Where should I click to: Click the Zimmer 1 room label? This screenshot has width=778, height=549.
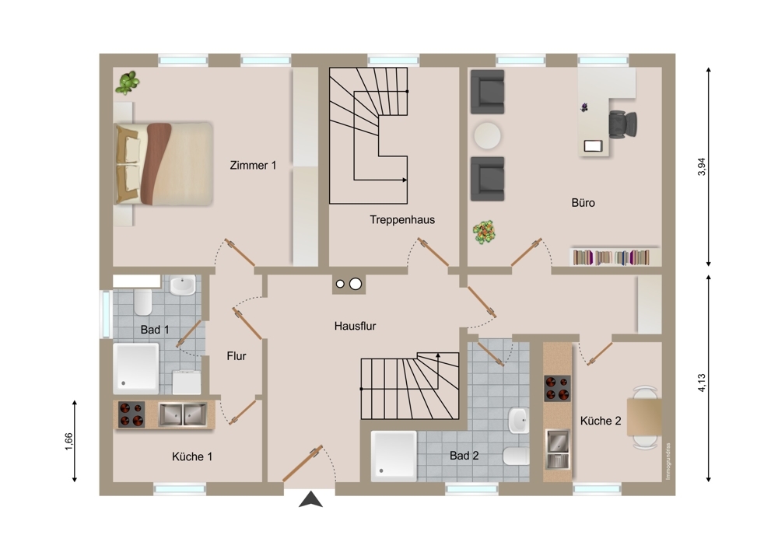[x=253, y=165]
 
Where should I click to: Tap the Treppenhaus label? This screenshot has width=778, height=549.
[x=402, y=220]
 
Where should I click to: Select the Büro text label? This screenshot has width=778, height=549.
[x=583, y=202]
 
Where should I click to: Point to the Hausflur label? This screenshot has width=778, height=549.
[x=355, y=326]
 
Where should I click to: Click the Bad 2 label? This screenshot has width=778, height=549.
[x=464, y=455]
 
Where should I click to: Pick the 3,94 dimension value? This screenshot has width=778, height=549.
[x=701, y=166]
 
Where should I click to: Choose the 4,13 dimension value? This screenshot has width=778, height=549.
[x=701, y=383]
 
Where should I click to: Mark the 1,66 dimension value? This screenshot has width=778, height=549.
[x=68, y=442]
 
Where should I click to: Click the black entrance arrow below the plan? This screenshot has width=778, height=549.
[x=310, y=499]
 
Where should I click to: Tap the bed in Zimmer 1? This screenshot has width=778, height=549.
[x=163, y=163]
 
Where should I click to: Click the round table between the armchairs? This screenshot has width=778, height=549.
[x=487, y=135]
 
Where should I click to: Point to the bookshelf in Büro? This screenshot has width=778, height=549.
[x=615, y=257]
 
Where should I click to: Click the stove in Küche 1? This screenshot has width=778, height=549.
[x=131, y=414]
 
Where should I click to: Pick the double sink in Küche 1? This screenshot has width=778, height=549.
[x=182, y=414]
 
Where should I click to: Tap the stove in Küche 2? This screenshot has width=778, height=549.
[x=557, y=388]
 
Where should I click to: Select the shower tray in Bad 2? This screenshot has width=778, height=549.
[x=394, y=456]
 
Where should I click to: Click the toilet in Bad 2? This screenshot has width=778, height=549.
[x=516, y=456]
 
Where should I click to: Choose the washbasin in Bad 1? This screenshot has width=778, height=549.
[x=183, y=285]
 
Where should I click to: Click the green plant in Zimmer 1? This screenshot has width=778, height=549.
[x=128, y=82]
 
